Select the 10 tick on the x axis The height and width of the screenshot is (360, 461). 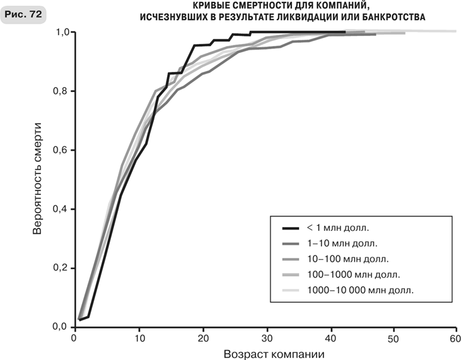139,338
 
